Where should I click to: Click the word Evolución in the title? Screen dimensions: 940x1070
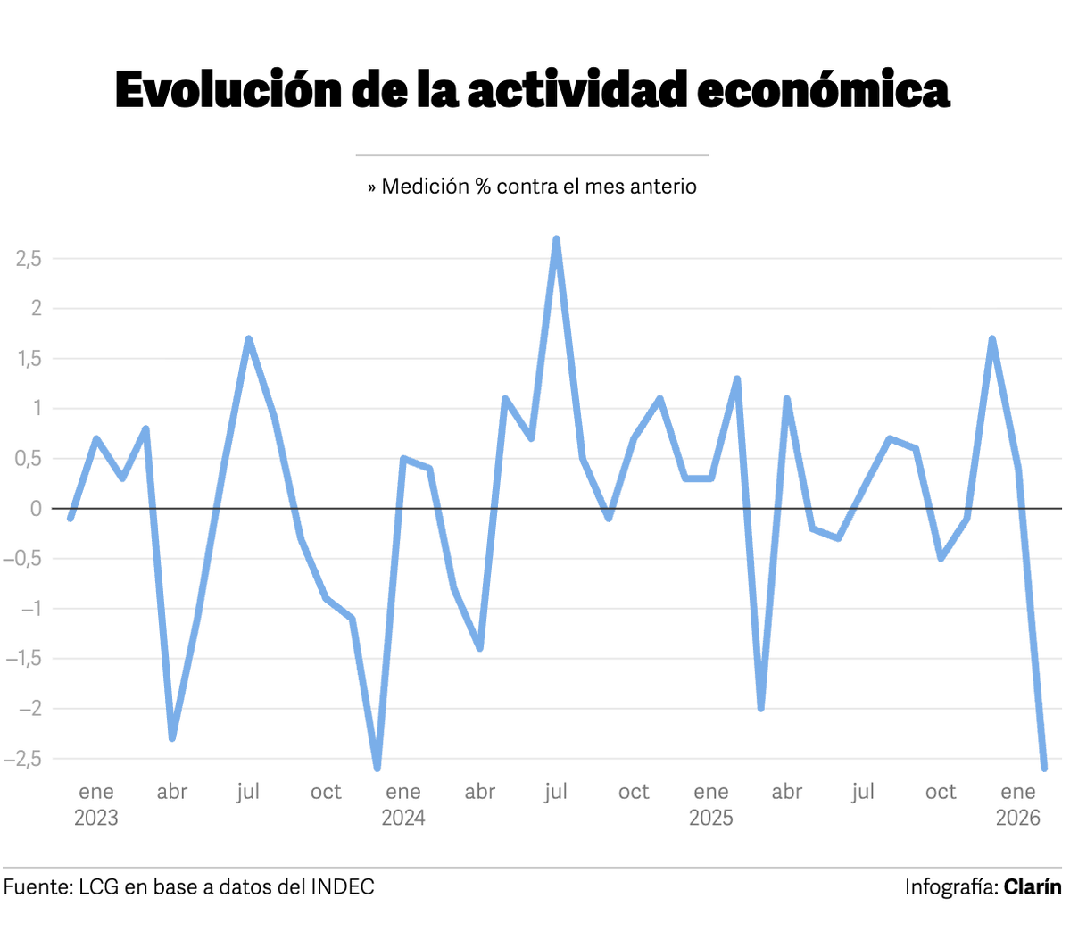228,90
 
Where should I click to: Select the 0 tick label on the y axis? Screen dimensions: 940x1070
36,509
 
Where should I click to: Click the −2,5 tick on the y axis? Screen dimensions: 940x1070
23,759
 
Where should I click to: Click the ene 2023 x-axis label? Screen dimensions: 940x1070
95,804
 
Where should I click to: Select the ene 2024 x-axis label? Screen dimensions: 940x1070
403,804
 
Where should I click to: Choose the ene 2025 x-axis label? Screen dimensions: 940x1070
711,804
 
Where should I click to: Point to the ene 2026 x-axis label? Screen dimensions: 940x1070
1018,804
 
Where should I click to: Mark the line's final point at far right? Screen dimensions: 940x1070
1044,767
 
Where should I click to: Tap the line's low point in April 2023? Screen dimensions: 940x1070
172,738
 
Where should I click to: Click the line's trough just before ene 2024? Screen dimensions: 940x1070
377,768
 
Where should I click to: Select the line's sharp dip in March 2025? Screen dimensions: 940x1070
761,708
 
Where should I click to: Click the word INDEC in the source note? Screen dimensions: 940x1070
342,886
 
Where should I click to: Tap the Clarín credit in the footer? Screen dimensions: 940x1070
1033,886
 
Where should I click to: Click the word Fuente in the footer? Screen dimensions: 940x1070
36,886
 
